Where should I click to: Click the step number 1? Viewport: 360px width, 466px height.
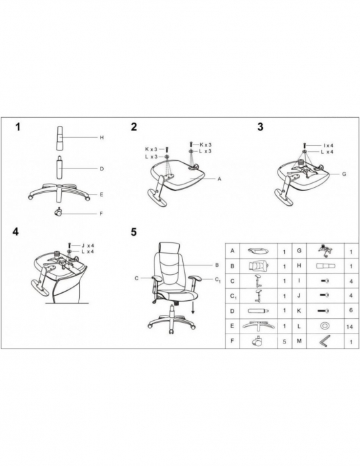click(18, 127)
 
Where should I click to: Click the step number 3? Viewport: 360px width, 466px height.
click(260, 127)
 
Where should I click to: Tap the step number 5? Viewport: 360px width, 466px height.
click(134, 232)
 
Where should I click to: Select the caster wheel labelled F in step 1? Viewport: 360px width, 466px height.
click(58, 212)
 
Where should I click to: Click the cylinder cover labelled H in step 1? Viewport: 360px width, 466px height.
click(60, 138)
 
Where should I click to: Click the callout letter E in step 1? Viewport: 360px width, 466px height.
click(102, 194)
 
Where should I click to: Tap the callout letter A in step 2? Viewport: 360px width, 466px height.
click(220, 179)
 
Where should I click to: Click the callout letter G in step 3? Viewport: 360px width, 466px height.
click(344, 174)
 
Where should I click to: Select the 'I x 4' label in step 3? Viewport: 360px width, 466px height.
click(328, 146)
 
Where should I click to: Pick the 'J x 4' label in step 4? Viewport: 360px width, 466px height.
click(88, 246)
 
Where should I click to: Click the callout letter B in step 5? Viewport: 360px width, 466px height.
click(217, 265)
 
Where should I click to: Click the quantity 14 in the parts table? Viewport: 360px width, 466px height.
click(349, 327)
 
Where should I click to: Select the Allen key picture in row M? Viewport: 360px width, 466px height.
click(325, 341)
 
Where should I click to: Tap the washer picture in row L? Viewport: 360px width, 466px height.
click(324, 326)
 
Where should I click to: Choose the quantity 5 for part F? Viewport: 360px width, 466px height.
click(285, 342)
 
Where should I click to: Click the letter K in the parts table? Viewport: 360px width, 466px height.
click(299, 311)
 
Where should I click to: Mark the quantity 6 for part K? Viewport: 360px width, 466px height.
click(351, 310)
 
